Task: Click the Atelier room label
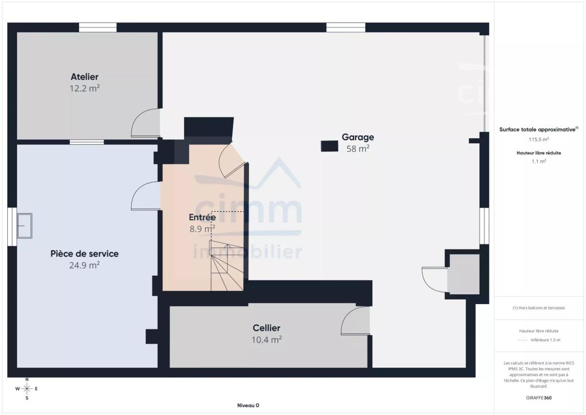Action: click(84, 77)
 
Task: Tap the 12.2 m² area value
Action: click(84, 88)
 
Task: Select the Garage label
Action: click(358, 137)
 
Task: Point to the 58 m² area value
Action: click(358, 149)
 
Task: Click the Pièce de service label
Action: click(84, 254)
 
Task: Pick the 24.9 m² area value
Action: click(84, 265)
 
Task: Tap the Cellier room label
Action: click(266, 328)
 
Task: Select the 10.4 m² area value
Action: click(266, 340)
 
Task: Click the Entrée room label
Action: click(202, 218)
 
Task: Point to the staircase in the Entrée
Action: click(227, 266)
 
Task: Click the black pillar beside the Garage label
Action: click(329, 146)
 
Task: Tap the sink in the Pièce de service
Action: click(24, 226)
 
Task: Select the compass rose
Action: click(27, 389)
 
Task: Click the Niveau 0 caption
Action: click(248, 405)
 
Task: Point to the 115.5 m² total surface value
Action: click(539, 139)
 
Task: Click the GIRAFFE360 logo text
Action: click(539, 398)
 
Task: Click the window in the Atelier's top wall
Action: click(98, 27)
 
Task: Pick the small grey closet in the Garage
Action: click(463, 274)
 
